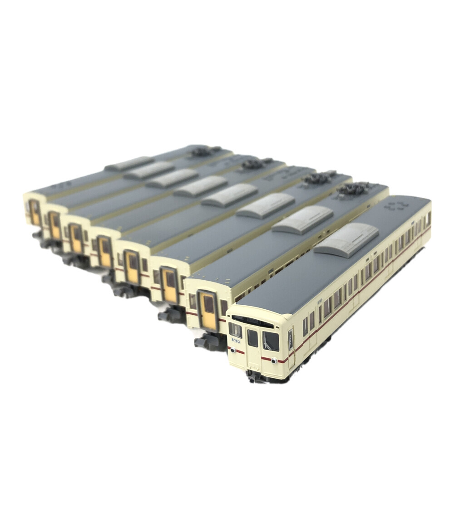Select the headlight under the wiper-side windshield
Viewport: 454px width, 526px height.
click(x=274, y=360)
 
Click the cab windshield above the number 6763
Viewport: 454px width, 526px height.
click(x=235, y=330)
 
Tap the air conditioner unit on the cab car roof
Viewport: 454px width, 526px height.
click(x=346, y=240)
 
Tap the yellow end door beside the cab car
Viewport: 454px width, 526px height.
click(x=208, y=311)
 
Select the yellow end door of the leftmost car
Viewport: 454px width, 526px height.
click(x=35, y=212)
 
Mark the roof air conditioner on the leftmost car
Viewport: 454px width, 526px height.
click(x=129, y=164)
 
